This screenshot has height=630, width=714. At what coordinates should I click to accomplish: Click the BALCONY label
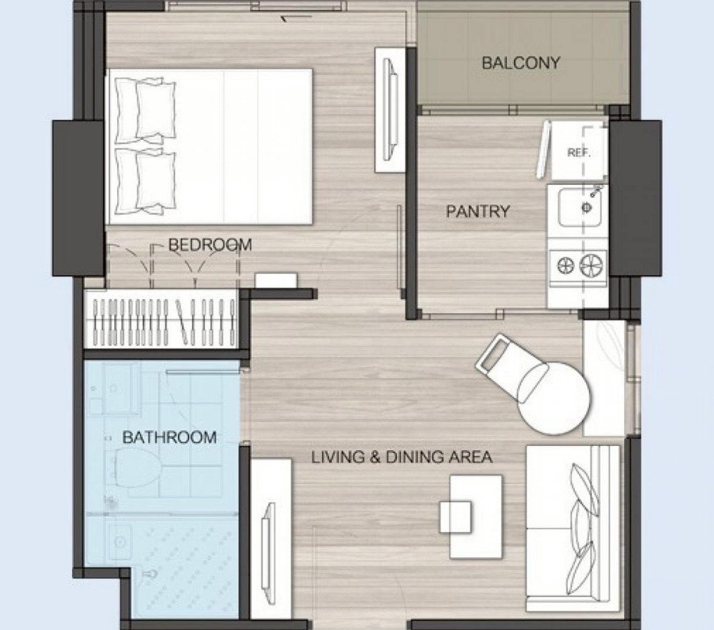pyautogui.click(x=521, y=63)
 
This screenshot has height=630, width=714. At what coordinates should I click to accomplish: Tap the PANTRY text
pyautogui.click(x=478, y=211)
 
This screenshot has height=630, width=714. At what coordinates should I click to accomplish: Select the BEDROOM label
pyautogui.click(x=210, y=245)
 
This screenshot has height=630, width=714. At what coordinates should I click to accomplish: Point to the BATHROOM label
pyautogui.click(x=169, y=437)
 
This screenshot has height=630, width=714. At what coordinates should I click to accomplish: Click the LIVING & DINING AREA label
pyautogui.click(x=401, y=457)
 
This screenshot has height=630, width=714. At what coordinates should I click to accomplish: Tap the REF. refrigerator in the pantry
pyautogui.click(x=579, y=151)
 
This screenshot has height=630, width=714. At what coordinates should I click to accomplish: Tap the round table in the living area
pyautogui.click(x=554, y=399)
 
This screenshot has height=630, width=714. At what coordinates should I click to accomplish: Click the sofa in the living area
pyautogui.click(x=573, y=529)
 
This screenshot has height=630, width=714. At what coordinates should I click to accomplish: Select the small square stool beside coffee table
pyautogui.click(x=456, y=517)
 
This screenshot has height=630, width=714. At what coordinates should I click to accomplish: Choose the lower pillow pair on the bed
pyautogui.click(x=145, y=181)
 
